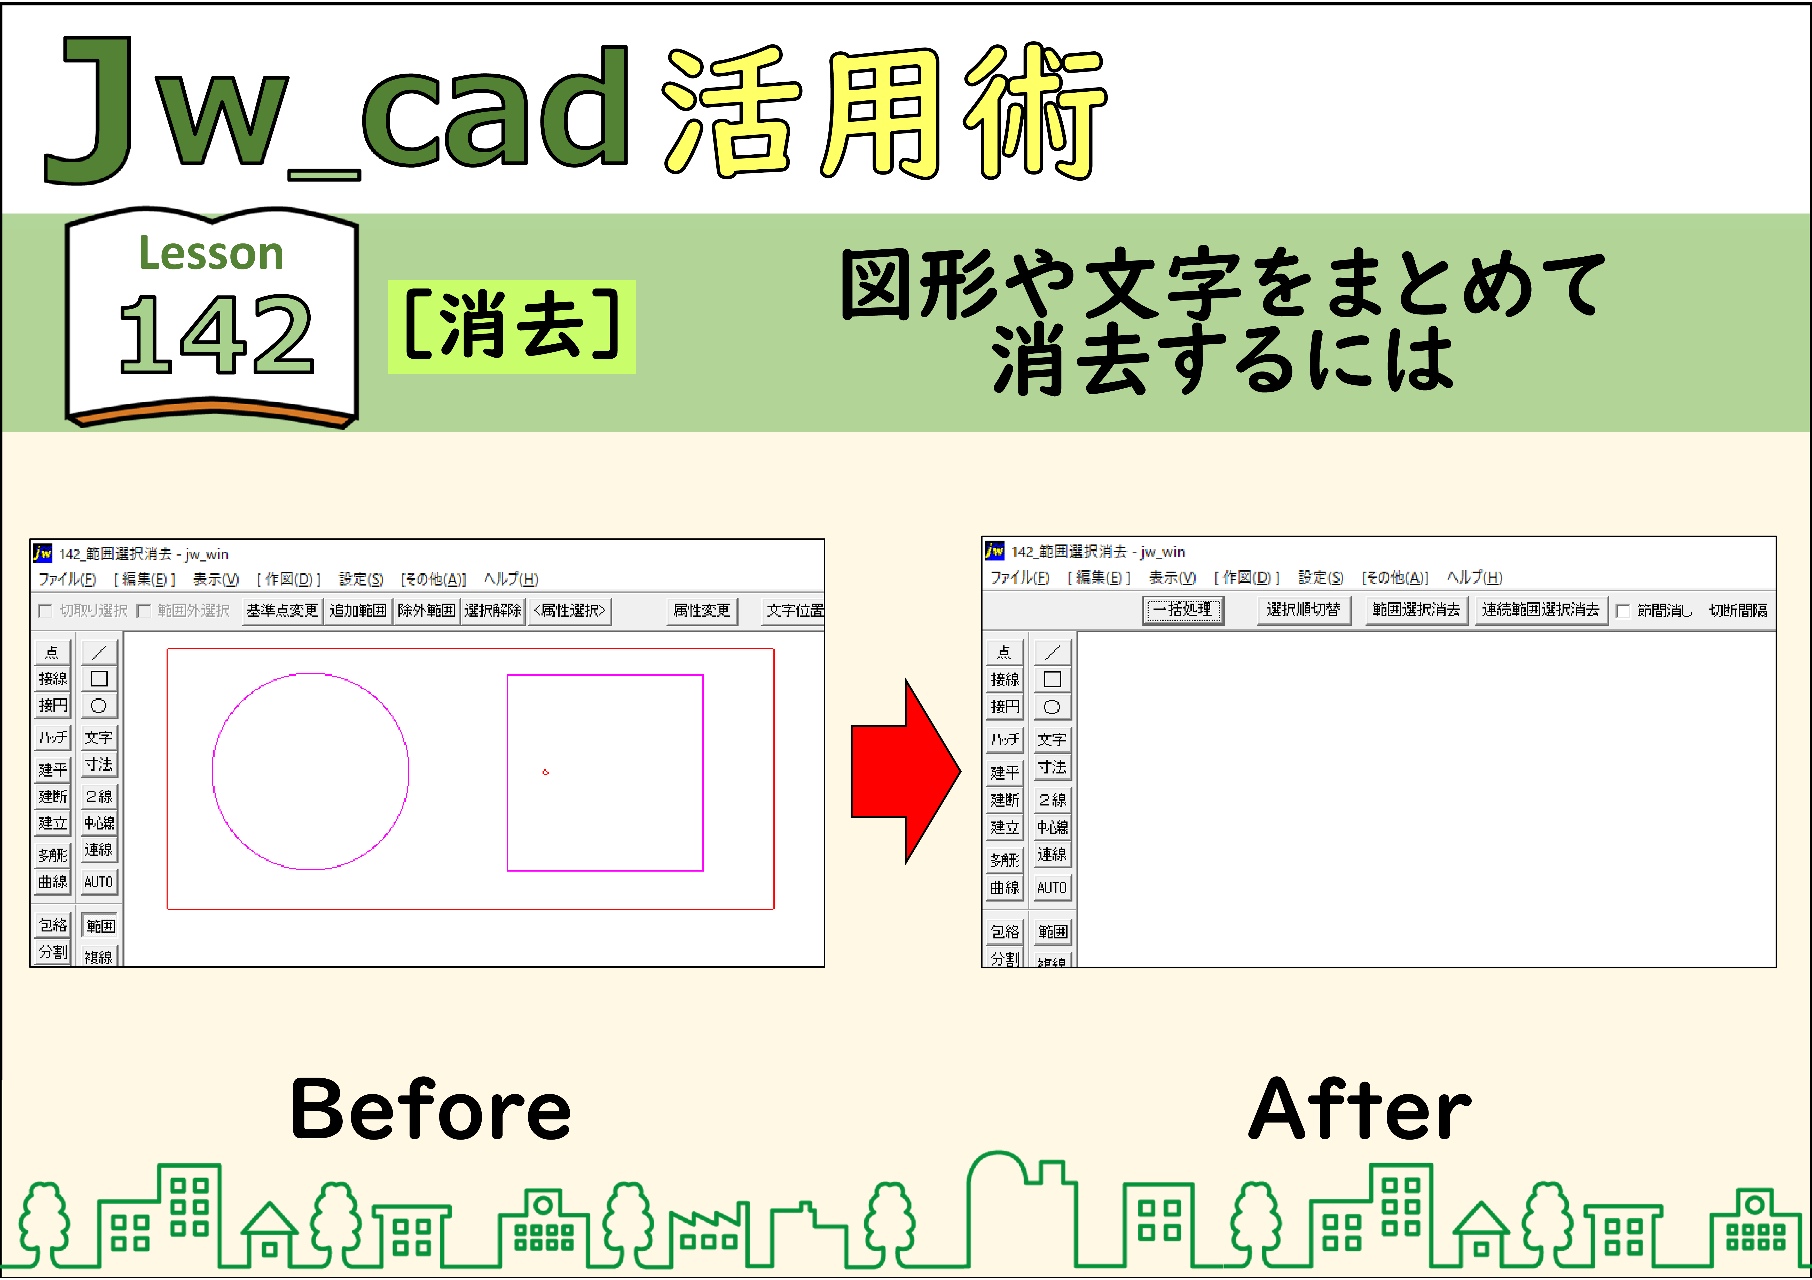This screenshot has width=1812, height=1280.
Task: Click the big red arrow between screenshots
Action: point(905,772)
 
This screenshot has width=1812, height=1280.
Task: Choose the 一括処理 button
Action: point(1183,610)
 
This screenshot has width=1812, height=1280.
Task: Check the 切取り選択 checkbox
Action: point(45,611)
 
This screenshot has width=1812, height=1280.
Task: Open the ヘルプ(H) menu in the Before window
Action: point(511,579)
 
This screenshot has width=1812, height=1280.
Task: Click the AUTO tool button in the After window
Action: point(1052,888)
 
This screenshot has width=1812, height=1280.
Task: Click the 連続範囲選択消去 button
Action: point(1541,610)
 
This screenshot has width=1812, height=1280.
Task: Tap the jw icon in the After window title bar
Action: point(994,550)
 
